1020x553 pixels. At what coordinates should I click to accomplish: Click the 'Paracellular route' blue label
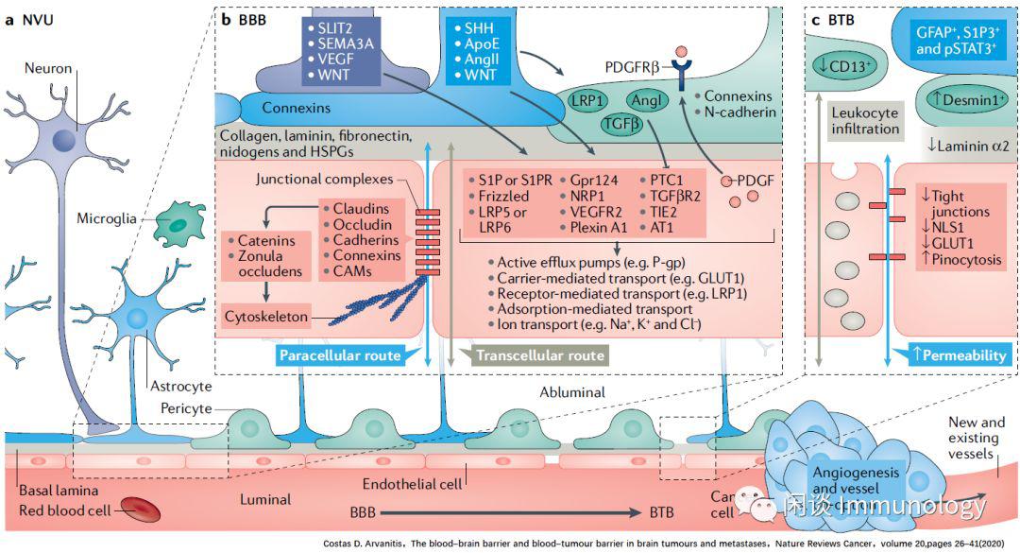[x=339, y=355]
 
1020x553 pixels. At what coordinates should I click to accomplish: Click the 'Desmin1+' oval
[x=960, y=96]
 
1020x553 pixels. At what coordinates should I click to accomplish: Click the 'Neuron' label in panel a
[x=49, y=69]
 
